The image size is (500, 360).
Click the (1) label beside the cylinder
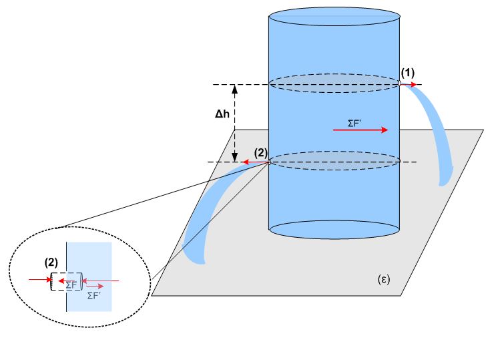coord(407,72)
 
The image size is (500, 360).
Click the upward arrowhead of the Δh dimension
coord(233,89)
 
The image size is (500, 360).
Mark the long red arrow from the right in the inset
coord(100,281)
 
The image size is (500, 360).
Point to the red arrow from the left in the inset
coord(39,280)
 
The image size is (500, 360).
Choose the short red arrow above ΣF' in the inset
coord(94,287)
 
